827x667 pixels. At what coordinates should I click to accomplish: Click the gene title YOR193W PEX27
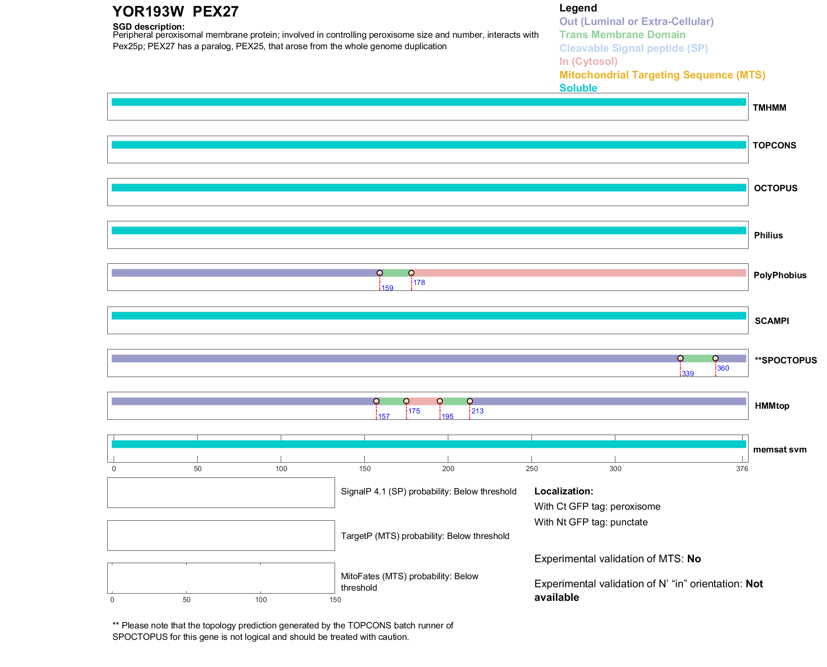tap(175, 11)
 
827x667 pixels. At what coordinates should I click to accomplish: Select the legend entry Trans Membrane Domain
tap(622, 35)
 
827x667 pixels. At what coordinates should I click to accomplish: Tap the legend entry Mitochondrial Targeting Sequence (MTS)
tap(662, 75)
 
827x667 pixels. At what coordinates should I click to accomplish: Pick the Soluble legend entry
tap(578, 88)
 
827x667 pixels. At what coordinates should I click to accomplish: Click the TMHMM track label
tap(769, 108)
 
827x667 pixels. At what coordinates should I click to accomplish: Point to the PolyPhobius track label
tap(780, 275)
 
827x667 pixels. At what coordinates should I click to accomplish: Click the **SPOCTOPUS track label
tap(785, 360)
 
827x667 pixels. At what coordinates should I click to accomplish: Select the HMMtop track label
tap(772, 406)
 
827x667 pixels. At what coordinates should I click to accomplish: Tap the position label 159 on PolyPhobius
tap(387, 288)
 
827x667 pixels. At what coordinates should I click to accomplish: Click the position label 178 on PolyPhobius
tap(419, 283)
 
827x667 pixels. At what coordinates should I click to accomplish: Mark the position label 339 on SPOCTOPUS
tap(688, 374)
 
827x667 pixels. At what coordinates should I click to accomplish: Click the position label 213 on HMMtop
tap(478, 411)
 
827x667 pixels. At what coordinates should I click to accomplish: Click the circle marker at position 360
tap(715, 358)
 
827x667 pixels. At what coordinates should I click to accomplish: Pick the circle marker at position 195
tap(440, 401)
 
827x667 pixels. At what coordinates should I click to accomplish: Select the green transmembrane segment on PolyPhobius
tap(395, 273)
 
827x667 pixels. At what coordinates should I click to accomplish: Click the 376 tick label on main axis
tap(742, 469)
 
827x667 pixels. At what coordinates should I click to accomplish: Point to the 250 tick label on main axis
tap(531, 469)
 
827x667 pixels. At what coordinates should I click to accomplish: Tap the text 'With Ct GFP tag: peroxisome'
tap(597, 507)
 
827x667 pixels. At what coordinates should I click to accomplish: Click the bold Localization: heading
tap(564, 491)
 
